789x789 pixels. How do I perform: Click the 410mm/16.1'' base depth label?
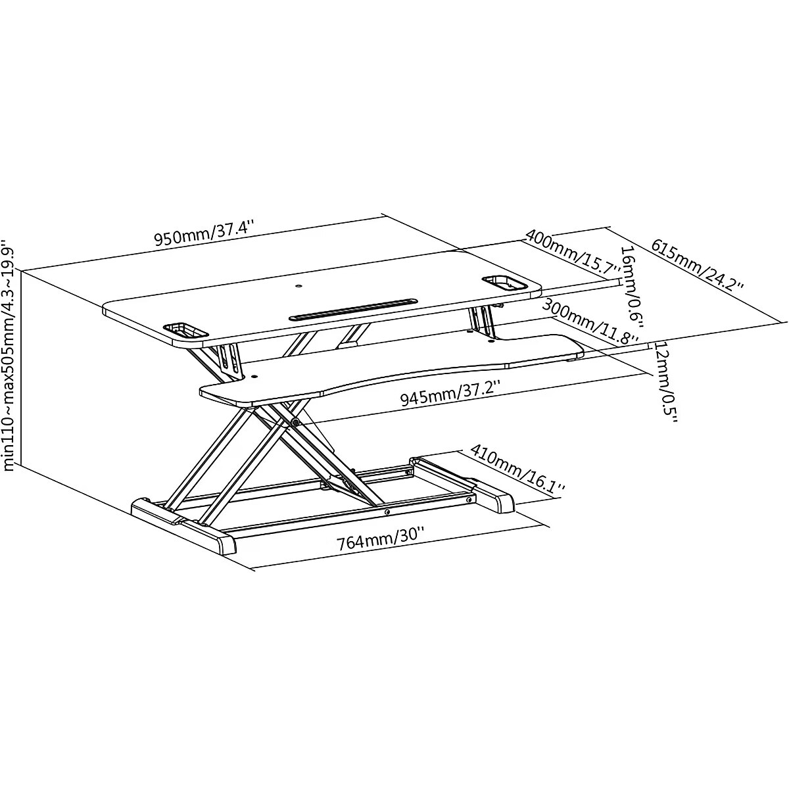[517, 467]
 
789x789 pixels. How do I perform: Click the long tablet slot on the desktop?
[353, 310]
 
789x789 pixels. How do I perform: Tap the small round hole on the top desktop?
[299, 284]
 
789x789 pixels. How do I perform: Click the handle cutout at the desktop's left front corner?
[185, 331]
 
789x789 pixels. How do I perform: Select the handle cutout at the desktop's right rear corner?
[504, 283]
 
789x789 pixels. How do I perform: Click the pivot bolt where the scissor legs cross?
[295, 421]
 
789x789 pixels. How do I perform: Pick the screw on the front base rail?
[387, 512]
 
